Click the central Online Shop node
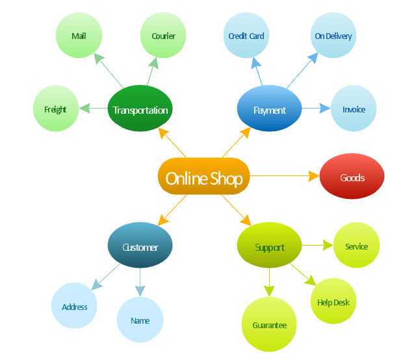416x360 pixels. tap(204, 177)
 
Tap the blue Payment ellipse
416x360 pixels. tap(269, 110)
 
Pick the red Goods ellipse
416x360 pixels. tap(352, 177)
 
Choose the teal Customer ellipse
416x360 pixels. tap(140, 246)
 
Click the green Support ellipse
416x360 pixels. tap(269, 246)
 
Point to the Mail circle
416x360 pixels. tap(79, 36)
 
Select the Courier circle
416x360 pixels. tap(163, 36)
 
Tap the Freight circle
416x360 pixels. tap(56, 109)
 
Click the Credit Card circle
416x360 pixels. tap(246, 36)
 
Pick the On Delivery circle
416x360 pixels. tap(333, 36)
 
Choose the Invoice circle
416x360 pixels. tap(354, 109)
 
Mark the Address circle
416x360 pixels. tap(74, 306)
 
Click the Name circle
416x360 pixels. tap(140, 320)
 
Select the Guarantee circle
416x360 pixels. tap(268, 325)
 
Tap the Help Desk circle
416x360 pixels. tap(333, 302)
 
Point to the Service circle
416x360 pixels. tap(356, 246)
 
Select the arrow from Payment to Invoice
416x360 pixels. tap(316, 109)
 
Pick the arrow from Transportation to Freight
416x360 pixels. tap(93, 109)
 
